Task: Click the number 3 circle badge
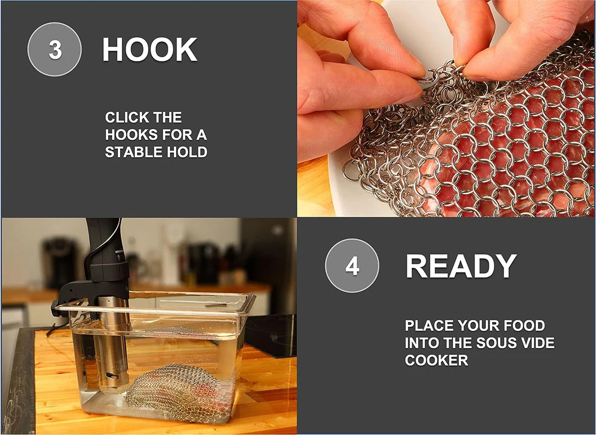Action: pos(55,49)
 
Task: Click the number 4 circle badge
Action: pos(352,265)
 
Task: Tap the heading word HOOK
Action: pos(150,49)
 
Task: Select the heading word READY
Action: pos(461,265)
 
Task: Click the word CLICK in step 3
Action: pos(121,117)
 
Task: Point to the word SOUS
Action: pos(497,343)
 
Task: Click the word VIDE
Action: pos(538,343)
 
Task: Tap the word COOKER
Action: pos(436,360)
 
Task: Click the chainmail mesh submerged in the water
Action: pos(179,393)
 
